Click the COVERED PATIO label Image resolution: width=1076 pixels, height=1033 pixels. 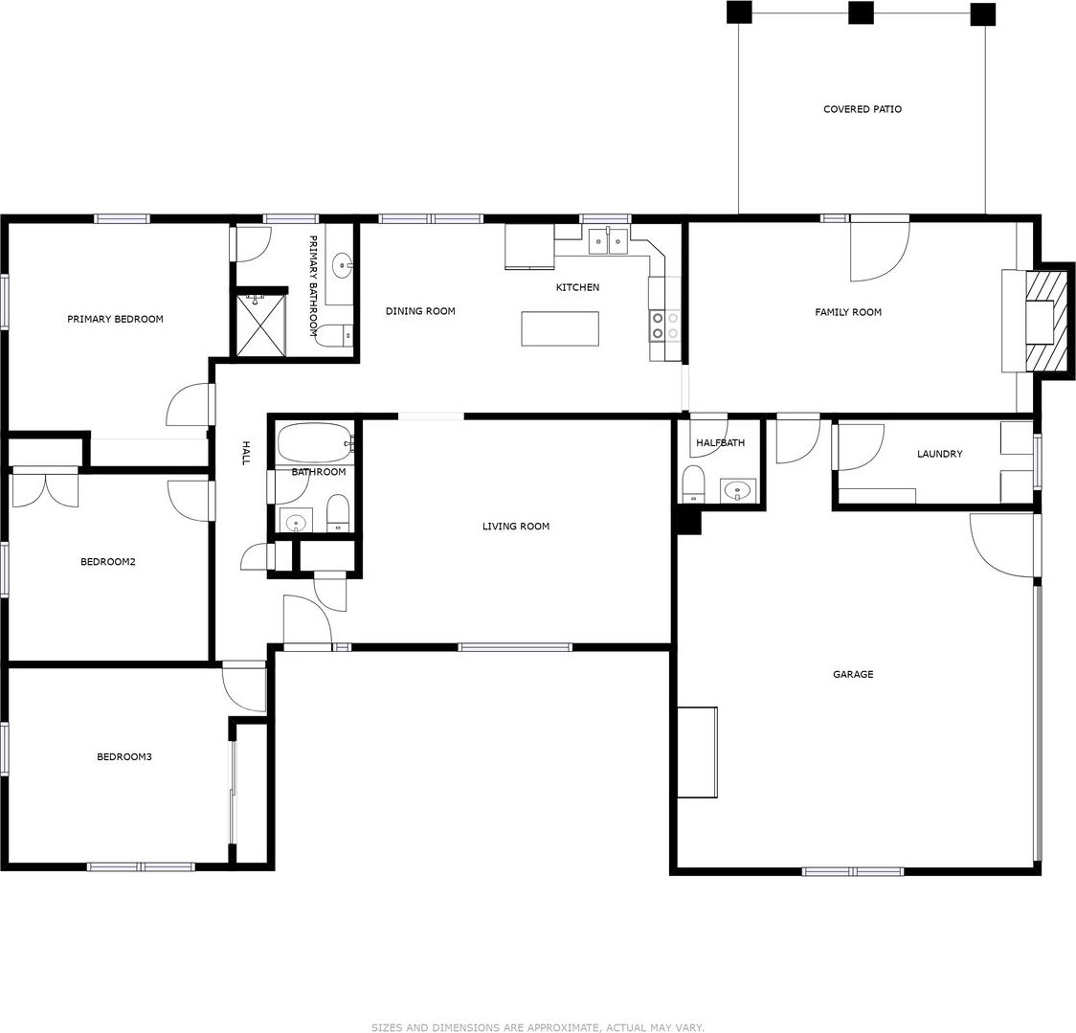[x=862, y=109]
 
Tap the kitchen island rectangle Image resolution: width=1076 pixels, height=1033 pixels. [x=560, y=328]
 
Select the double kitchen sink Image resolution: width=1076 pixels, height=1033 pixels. [x=609, y=241]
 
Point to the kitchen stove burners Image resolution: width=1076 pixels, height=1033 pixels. [x=665, y=326]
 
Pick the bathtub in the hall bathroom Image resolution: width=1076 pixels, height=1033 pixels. [x=315, y=443]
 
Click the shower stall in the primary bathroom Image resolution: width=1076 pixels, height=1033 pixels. [x=260, y=326]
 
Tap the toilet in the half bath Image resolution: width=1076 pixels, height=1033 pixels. [x=693, y=484]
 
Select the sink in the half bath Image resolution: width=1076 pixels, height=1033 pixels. [x=737, y=491]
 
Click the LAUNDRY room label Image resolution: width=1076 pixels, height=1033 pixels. [x=939, y=454]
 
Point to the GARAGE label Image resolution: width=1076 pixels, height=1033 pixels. [x=853, y=674]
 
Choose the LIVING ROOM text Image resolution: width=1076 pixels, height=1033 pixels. [x=515, y=527]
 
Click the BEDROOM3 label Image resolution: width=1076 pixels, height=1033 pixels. [x=124, y=757]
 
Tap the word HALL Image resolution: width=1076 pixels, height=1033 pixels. [x=245, y=453]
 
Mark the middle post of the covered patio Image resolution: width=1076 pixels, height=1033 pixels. [x=861, y=12]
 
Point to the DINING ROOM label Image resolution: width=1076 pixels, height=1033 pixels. [x=420, y=311]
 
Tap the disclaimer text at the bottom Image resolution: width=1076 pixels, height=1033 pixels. [x=538, y=1027]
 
